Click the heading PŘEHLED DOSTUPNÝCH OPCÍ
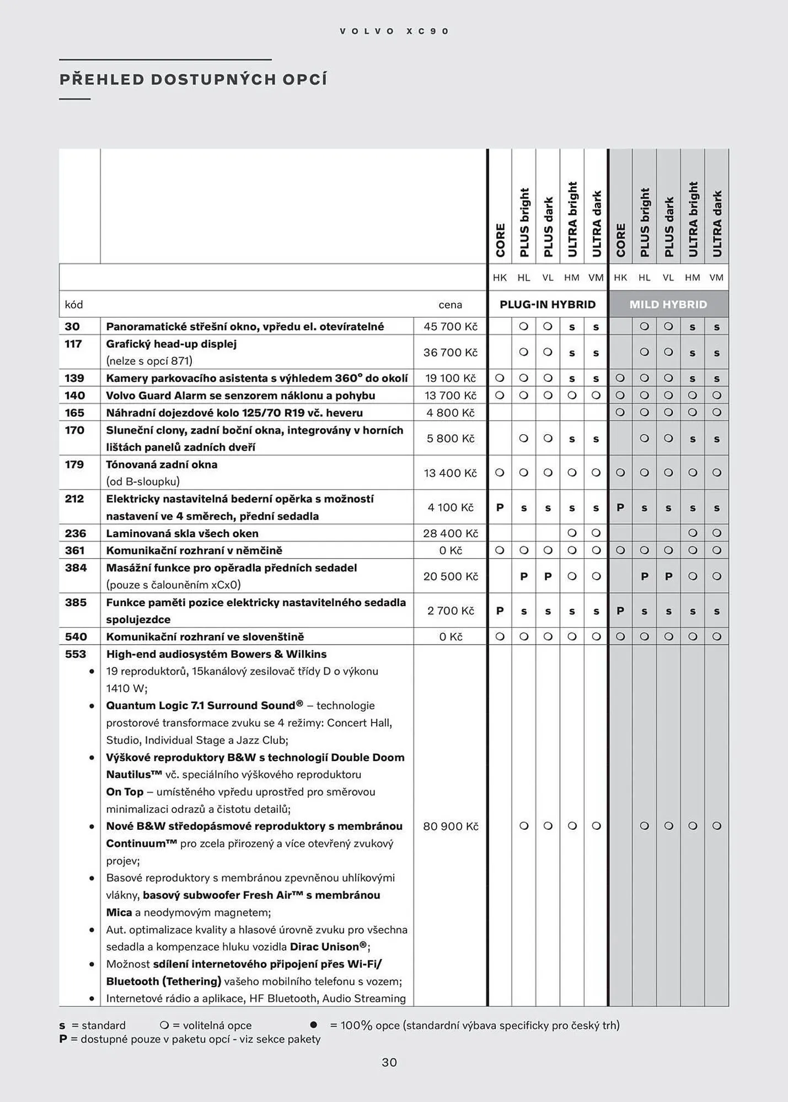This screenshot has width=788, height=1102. (x=193, y=80)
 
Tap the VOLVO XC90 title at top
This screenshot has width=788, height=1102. (x=394, y=31)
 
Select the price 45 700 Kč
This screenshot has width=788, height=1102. (x=450, y=326)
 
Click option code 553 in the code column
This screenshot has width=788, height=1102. (x=76, y=654)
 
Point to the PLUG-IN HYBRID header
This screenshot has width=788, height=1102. (x=547, y=304)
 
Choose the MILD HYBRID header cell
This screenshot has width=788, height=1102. (x=668, y=304)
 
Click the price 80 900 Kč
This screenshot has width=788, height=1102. (x=450, y=826)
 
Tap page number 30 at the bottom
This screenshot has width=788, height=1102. (x=389, y=1062)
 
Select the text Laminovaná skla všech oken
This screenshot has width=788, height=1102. (x=182, y=533)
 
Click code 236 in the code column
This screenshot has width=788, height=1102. (x=76, y=533)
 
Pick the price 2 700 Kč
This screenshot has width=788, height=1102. (x=450, y=611)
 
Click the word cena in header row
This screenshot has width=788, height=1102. (x=450, y=305)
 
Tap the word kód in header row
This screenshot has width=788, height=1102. (x=74, y=305)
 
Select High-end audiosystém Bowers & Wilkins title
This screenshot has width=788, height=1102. (x=216, y=654)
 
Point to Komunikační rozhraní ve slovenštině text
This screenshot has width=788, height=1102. (x=205, y=636)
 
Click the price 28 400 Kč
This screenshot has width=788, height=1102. (x=450, y=533)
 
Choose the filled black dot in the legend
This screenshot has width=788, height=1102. (x=314, y=1025)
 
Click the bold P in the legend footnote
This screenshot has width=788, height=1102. (x=63, y=1039)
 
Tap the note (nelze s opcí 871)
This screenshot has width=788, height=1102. (x=149, y=361)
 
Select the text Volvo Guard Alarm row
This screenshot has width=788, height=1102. (x=240, y=395)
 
